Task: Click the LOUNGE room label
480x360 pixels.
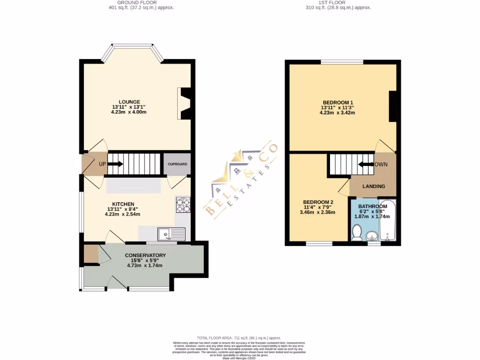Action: [x=129, y=102]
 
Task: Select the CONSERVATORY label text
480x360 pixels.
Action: [x=145, y=255]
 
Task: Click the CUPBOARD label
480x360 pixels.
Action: [x=177, y=165]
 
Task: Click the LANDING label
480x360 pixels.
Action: [x=374, y=186]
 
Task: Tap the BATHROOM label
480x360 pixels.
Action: [x=373, y=206]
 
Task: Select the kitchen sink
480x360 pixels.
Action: [x=172, y=233]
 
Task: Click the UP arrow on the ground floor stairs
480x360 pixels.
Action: [x=116, y=164]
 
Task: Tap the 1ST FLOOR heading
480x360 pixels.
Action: [x=338, y=2]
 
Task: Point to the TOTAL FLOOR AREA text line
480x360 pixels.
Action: [x=239, y=337]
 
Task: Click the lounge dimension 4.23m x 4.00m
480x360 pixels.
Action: [x=129, y=112]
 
